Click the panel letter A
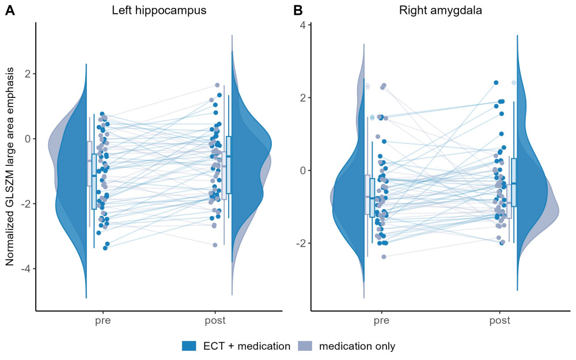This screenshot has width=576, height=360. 10,10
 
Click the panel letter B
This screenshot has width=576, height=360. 298,10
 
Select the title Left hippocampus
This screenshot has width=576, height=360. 159,10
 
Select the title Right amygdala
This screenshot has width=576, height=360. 441,10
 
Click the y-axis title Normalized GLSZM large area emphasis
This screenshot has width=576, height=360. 10,166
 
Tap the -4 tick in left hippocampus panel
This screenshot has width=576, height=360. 25,269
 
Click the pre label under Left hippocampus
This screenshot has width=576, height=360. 103,321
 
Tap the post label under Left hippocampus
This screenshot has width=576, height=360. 215,321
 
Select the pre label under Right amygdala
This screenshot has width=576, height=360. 381,321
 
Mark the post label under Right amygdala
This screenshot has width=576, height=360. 500,321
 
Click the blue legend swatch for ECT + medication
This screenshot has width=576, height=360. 189,346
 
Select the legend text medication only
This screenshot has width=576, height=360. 357,346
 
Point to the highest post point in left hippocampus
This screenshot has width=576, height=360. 217,85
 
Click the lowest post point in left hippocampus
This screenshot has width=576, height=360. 215,245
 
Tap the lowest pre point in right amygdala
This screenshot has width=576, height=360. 384,257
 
